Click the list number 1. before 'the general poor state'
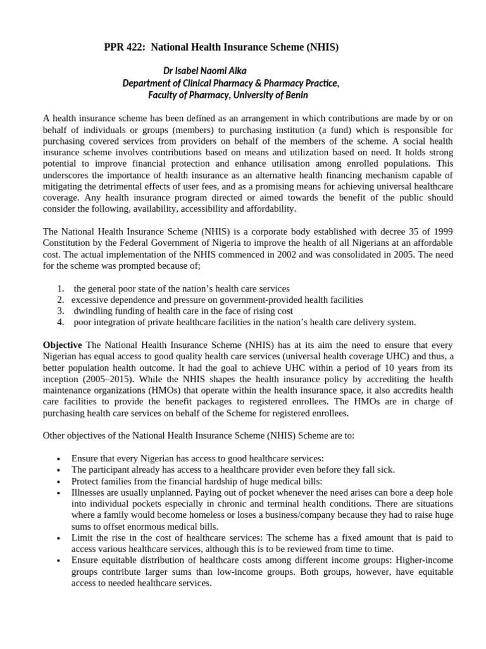pos(60,288)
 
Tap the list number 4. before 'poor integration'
pos(60,323)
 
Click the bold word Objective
pos(62,344)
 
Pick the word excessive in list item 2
pos(90,300)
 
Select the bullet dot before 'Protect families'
pos(58,482)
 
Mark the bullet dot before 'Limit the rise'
pos(58,539)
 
